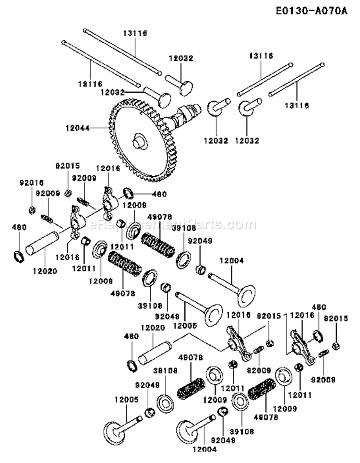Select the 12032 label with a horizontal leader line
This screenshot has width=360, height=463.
[113, 92]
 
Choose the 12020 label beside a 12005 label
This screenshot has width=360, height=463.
[153, 327]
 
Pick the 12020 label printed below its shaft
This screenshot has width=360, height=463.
[45, 270]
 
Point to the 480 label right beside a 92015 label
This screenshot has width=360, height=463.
[319, 306]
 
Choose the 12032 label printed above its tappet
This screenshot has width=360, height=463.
[180, 58]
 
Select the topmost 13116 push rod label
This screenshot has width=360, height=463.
[135, 33]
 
